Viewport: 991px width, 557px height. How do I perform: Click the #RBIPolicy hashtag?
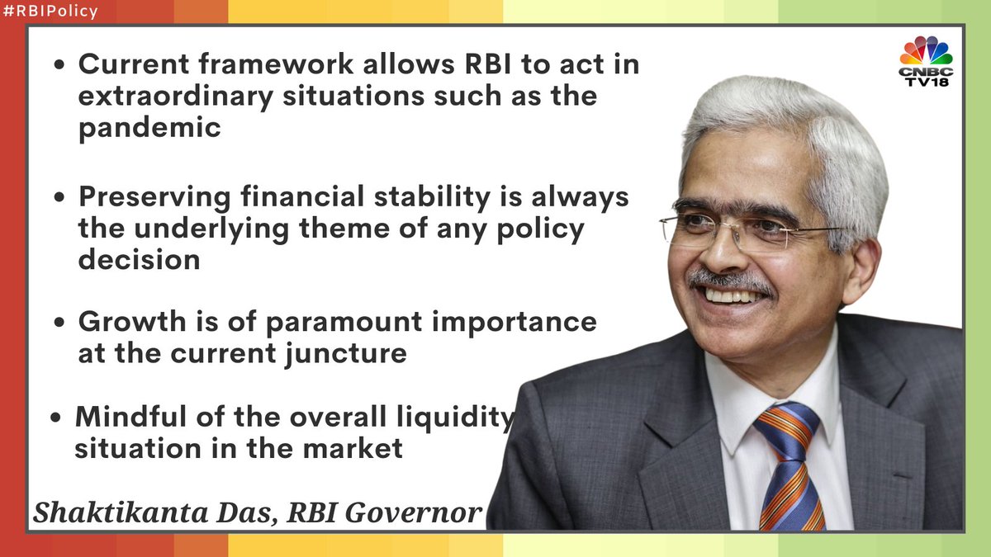[50, 11]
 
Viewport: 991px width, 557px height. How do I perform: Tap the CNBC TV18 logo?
[926, 61]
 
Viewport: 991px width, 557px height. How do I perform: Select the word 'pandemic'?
[149, 129]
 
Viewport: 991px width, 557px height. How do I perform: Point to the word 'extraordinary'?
[176, 97]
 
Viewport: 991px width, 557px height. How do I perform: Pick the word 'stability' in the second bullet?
[432, 197]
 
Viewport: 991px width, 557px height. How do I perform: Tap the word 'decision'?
[140, 259]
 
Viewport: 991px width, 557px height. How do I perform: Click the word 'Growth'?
[132, 321]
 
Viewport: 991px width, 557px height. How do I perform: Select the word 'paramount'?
[344, 323]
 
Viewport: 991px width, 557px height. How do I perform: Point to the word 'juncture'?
[345, 354]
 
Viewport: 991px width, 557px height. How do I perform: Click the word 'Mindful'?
[131, 417]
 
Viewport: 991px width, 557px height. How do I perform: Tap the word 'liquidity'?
[455, 418]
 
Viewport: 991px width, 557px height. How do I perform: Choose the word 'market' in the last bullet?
[353, 448]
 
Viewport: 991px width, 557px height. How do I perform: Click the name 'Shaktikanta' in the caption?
[121, 512]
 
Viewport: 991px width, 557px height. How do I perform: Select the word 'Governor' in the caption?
[413, 512]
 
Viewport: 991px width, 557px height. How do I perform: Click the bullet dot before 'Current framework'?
[59, 65]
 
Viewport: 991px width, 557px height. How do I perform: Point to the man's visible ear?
[863, 271]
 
